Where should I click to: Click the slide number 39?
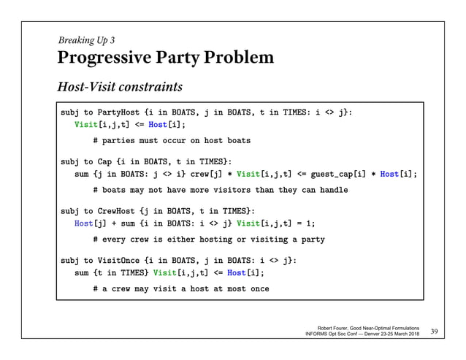437,333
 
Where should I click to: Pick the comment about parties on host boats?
172,140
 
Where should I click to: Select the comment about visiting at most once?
181,289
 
